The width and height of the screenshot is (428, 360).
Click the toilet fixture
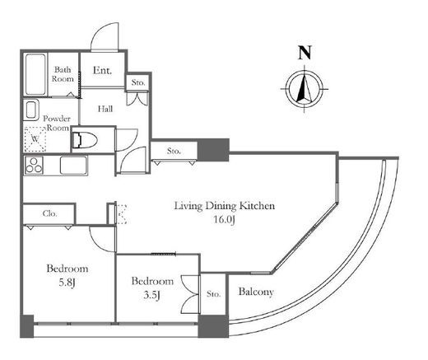click(x=84, y=140)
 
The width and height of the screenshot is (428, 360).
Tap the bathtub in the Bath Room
click(x=35, y=74)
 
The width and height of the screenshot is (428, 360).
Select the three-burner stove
click(x=34, y=166)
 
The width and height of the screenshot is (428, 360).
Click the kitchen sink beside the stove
click(x=73, y=166)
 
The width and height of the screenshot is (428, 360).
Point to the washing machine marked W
click(x=35, y=139)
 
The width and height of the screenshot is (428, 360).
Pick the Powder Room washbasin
click(x=30, y=110)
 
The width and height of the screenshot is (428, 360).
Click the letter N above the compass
click(x=305, y=53)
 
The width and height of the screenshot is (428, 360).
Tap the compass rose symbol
click(x=305, y=89)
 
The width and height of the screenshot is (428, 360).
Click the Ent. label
click(x=102, y=70)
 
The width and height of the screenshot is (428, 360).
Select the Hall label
click(x=105, y=109)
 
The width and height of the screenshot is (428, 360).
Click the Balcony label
click(x=256, y=292)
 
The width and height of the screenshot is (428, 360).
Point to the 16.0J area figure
click(x=224, y=220)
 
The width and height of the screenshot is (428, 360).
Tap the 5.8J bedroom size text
click(x=67, y=283)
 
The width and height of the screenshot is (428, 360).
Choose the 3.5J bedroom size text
click(x=151, y=295)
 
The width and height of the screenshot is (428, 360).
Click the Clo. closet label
click(x=49, y=213)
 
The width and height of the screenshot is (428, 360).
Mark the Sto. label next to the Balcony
click(x=213, y=294)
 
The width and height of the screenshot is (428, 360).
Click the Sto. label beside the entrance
click(x=138, y=82)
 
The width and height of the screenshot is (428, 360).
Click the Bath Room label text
click(x=63, y=74)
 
